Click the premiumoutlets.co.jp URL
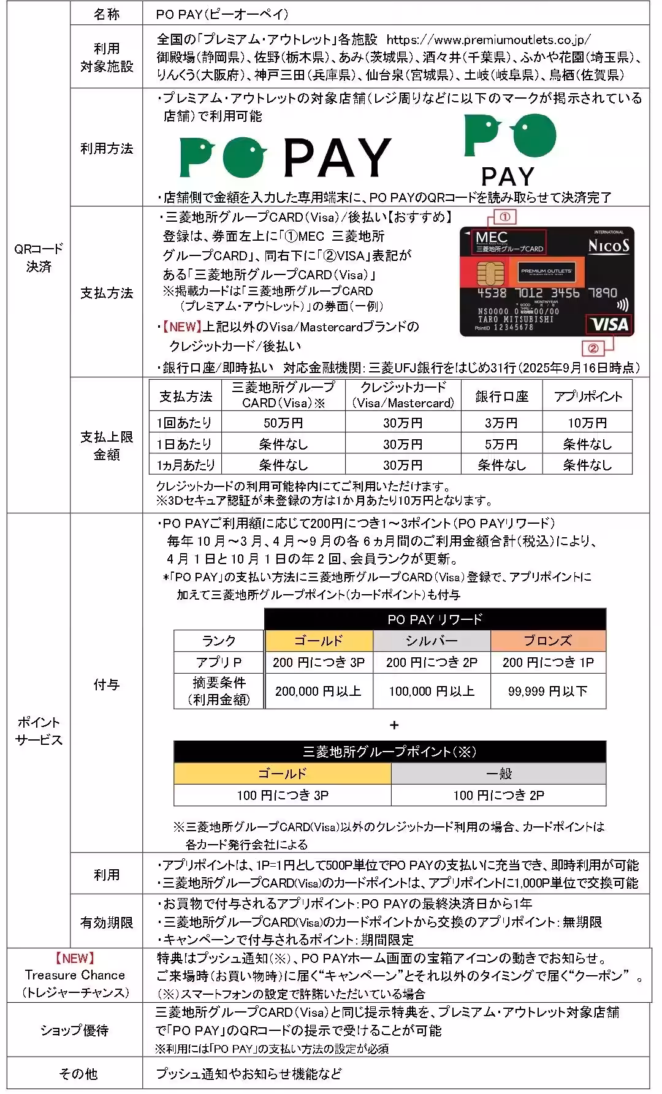(x=489, y=40)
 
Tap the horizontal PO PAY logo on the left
(x=285, y=157)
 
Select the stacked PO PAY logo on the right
(x=509, y=149)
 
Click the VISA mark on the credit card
(x=610, y=324)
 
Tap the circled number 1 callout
(x=505, y=217)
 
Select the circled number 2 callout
(x=593, y=349)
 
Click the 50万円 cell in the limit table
(x=283, y=423)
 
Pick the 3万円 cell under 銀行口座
(x=501, y=423)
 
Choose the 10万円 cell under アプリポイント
(x=587, y=423)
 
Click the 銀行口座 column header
(x=501, y=396)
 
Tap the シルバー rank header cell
(x=432, y=641)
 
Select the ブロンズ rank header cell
(x=548, y=641)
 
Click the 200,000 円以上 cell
(x=318, y=691)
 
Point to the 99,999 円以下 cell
(x=548, y=691)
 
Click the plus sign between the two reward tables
(x=394, y=725)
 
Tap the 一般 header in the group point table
(x=498, y=774)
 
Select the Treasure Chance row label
(x=75, y=975)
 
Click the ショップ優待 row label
(x=75, y=1030)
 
